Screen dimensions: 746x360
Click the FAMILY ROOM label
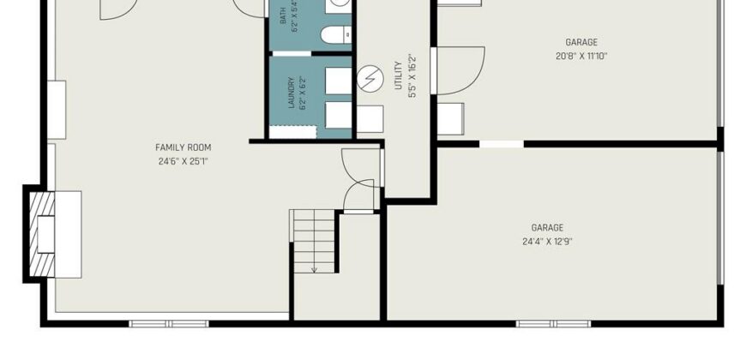(183, 147)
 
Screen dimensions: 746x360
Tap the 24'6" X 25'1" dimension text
(183, 161)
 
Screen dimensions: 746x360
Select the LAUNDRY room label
(292, 93)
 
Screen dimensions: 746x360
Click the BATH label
(283, 15)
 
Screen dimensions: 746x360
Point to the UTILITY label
(399, 75)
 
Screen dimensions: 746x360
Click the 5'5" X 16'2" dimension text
(412, 76)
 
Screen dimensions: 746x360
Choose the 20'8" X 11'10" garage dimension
(581, 56)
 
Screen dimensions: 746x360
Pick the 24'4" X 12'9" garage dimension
(547, 242)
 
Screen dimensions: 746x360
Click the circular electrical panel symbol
(370, 79)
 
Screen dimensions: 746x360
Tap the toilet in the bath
(336, 35)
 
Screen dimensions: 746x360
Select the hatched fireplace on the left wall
(42, 234)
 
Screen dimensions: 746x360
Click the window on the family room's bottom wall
(169, 324)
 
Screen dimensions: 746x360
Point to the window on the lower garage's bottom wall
(553, 324)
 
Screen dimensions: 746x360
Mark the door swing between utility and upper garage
(460, 70)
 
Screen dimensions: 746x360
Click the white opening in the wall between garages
(502, 144)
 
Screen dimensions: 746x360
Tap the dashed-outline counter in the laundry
(293, 132)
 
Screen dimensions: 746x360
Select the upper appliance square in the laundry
(338, 81)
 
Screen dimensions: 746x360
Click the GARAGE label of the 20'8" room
(581, 42)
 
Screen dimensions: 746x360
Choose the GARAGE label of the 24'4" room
(547, 228)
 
